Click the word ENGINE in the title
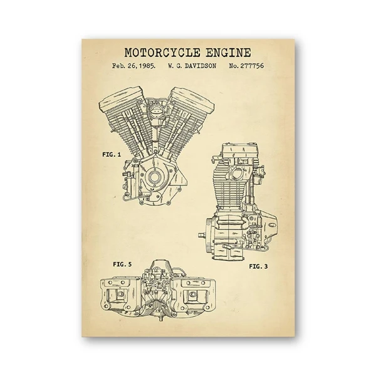pyautogui.click(x=229, y=53)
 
